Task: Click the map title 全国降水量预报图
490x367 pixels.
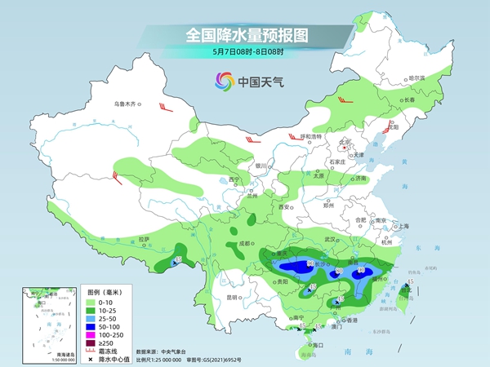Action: pyautogui.click(x=245, y=35)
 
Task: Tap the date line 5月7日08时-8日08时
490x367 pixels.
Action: pyautogui.click(x=245, y=52)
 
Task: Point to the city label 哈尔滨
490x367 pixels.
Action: pyautogui.click(x=416, y=78)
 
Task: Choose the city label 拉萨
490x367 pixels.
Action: pyautogui.click(x=144, y=239)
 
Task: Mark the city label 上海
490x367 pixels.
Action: pyautogui.click(x=400, y=226)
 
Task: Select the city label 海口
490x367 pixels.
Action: pyautogui.click(x=319, y=345)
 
